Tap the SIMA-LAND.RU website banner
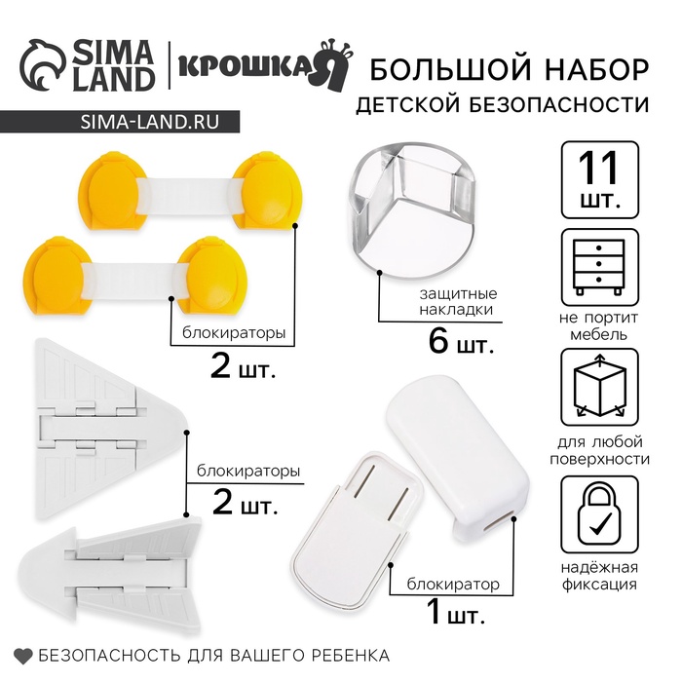coord(120,122)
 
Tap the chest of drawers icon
coord(599,267)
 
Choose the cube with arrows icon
coord(599,388)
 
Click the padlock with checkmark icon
coord(599,513)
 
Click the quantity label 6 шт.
coord(461,343)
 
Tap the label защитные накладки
coord(457,301)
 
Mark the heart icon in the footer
coord(23,656)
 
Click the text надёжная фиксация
coord(599,576)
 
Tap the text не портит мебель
coord(599,325)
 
